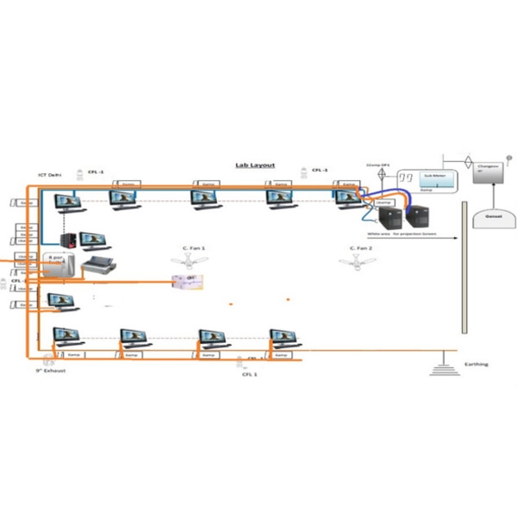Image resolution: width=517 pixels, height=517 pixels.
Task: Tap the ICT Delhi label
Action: click(49, 174)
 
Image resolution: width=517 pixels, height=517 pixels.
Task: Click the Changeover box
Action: click(490, 169)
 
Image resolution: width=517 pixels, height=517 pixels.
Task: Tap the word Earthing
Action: click(476, 364)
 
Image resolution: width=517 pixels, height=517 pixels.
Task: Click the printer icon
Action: click(97, 267)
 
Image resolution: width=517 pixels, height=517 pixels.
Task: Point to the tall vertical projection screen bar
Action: click(463, 267)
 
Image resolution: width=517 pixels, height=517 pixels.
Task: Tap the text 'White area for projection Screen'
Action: click(402, 234)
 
